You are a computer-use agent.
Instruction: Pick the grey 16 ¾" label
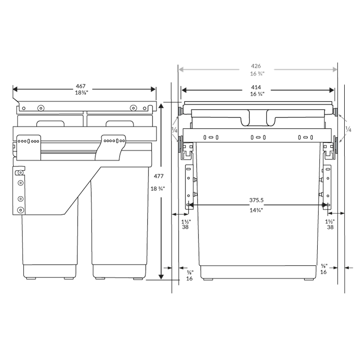(257, 73)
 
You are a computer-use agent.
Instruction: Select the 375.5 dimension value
(257, 200)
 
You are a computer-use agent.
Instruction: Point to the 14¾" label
(256, 210)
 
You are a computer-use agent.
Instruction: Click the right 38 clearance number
(330, 228)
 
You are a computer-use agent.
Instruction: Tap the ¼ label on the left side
(174, 129)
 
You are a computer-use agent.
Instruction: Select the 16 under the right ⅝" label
(324, 272)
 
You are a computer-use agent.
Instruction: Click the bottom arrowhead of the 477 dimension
(161, 277)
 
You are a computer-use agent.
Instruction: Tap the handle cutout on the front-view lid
(257, 118)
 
